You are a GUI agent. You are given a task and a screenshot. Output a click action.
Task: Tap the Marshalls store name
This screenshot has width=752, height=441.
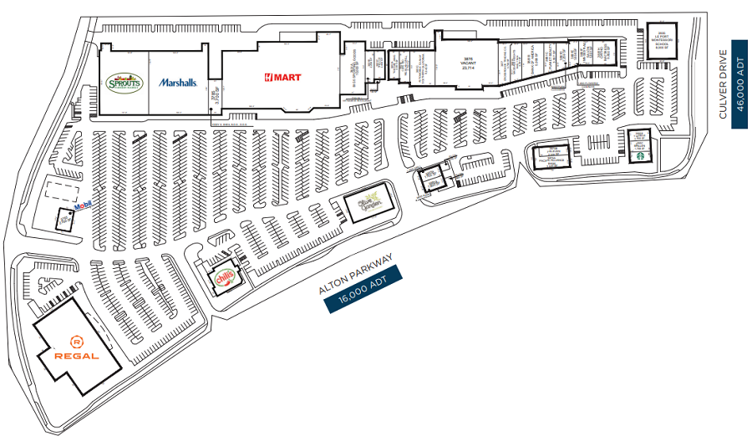(x=177, y=83)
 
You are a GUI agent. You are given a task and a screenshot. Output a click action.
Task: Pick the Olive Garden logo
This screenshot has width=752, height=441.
(x=369, y=202)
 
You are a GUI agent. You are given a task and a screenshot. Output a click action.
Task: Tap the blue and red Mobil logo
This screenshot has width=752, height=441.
(x=82, y=206)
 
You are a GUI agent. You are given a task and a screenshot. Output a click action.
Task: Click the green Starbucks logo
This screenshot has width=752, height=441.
(x=641, y=153)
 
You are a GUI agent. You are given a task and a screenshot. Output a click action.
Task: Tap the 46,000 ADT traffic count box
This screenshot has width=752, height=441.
(x=739, y=84)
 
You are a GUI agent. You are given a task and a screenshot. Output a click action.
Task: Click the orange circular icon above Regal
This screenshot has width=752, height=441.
(x=77, y=341)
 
